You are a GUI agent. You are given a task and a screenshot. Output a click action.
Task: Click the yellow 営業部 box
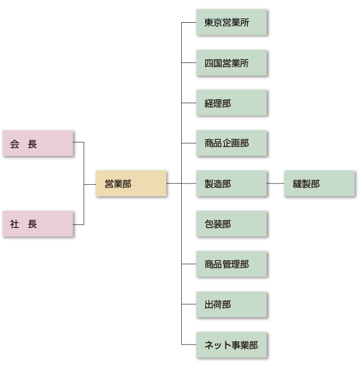tap(131, 184)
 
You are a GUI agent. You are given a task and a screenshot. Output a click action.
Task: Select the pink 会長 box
tap(38, 144)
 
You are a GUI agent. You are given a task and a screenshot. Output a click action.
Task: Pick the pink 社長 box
tap(38, 224)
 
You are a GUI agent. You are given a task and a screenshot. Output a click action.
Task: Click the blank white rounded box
tap(39, 103)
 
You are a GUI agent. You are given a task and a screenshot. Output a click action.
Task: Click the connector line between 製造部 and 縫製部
tap(275, 184)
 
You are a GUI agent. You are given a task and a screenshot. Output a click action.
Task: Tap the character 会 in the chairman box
tap(14, 144)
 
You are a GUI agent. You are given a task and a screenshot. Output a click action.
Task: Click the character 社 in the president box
tap(14, 224)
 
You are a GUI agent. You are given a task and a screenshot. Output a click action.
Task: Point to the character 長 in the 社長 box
tap(32, 224)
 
